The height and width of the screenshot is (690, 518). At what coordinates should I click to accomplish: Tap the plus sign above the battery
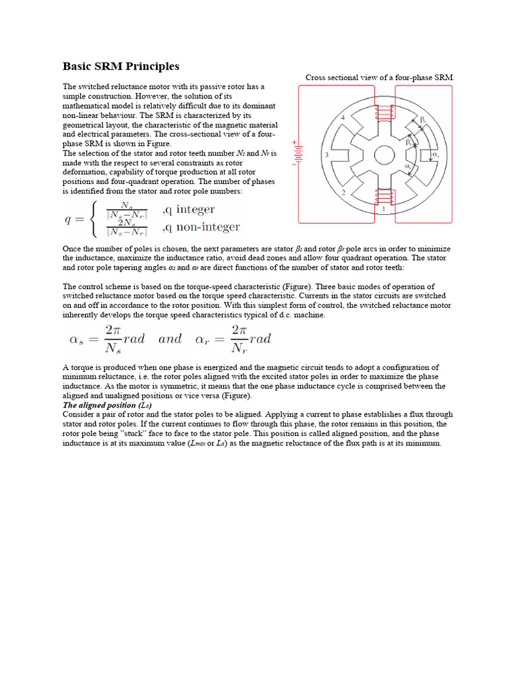295,142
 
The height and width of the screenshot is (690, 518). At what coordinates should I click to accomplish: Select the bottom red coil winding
384,197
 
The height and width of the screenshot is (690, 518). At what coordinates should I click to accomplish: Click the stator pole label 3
326,156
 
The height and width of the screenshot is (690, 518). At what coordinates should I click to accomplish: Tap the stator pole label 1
384,210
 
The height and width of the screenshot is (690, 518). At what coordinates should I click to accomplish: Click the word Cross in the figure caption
317,77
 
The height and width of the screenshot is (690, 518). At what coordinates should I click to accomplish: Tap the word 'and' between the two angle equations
170,339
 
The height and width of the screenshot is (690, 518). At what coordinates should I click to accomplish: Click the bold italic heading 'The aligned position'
99,406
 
